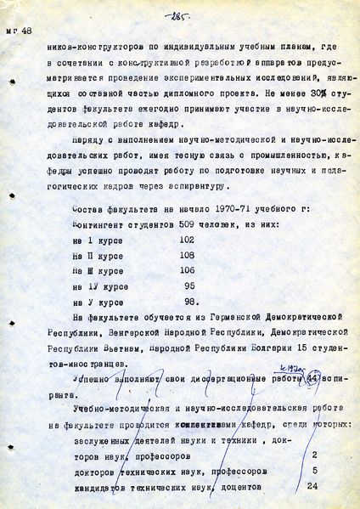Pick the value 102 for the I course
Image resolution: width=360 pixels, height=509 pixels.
[183, 240]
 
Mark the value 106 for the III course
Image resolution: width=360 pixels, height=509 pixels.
[183, 270]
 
